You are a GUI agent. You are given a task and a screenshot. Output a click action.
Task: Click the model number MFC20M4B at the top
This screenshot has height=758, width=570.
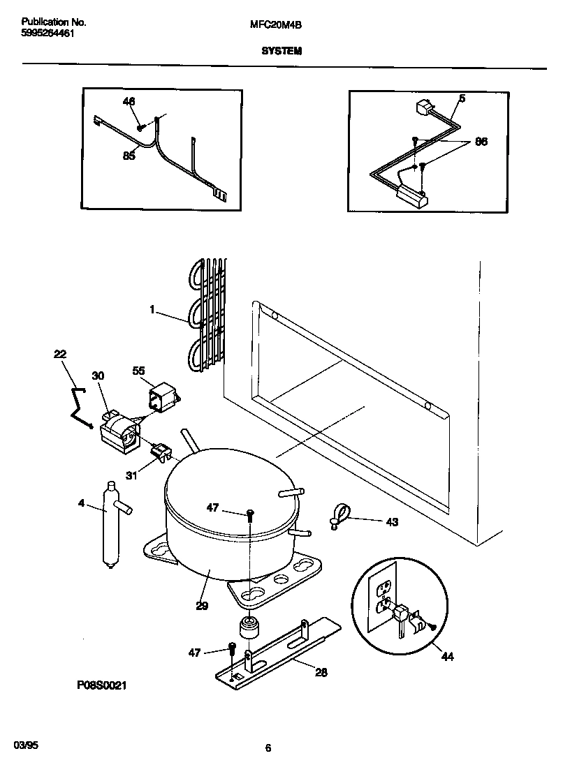tap(275, 24)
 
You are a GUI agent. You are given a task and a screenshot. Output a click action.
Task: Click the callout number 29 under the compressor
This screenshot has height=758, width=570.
tap(202, 606)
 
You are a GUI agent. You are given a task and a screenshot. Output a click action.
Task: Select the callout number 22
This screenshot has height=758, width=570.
tap(60, 355)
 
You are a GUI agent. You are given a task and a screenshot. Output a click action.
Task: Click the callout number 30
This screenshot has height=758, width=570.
tap(98, 376)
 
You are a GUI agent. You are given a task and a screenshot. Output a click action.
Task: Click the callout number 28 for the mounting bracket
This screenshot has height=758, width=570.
tap(321, 672)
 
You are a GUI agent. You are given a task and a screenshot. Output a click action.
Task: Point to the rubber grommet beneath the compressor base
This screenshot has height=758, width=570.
tap(249, 627)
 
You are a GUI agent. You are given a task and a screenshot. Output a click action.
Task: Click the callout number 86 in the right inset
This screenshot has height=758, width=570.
tap(481, 142)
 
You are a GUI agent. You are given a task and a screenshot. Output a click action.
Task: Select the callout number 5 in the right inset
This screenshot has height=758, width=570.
tap(462, 98)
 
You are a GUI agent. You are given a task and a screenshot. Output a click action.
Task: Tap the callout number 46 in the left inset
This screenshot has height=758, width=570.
tap(129, 102)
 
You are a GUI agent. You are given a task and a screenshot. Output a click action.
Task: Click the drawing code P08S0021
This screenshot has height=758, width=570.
tap(101, 686)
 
